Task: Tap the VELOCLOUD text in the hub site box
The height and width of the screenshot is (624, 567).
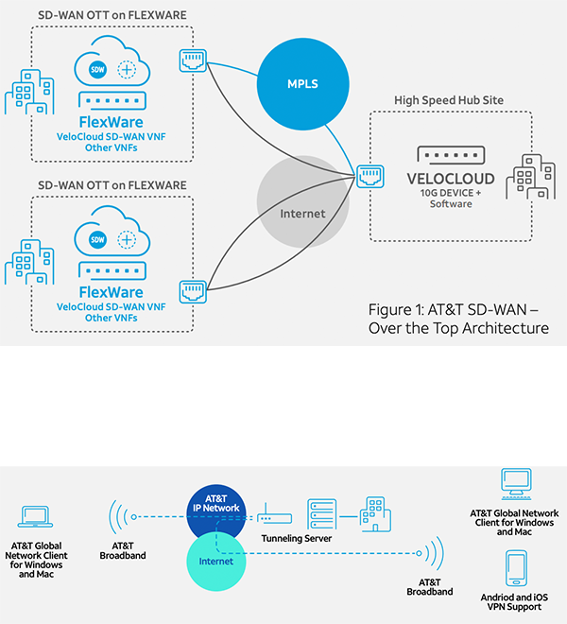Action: tap(451, 179)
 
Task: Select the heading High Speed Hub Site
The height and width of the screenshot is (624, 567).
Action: tap(446, 100)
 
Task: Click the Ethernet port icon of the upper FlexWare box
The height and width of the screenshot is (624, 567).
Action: tap(194, 61)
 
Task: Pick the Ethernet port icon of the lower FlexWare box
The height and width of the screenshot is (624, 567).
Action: tap(194, 291)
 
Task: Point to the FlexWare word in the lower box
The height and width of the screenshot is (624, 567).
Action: tap(112, 292)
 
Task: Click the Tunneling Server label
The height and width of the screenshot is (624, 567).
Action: tap(297, 538)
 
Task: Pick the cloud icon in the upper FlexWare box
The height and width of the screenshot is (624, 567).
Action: tap(111, 70)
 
